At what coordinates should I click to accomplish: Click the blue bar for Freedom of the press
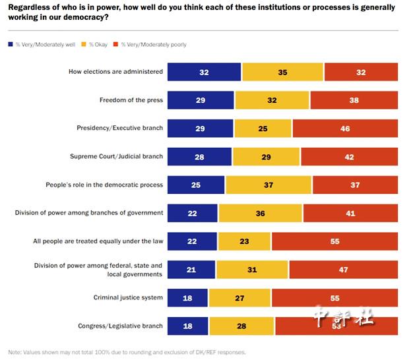click(201, 100)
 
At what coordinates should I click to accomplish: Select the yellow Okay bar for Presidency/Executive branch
click(263, 129)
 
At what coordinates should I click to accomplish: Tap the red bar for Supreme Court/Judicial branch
click(349, 157)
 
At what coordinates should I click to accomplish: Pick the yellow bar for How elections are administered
click(282, 72)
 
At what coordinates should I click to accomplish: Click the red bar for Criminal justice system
click(334, 298)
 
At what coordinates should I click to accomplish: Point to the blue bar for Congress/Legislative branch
click(187, 326)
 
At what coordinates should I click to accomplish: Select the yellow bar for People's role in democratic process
click(268, 185)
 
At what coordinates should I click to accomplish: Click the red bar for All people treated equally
click(334, 241)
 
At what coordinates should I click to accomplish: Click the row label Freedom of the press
click(131, 100)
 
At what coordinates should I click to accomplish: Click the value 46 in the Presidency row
click(345, 129)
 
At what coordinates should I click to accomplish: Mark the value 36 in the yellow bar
click(261, 213)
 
